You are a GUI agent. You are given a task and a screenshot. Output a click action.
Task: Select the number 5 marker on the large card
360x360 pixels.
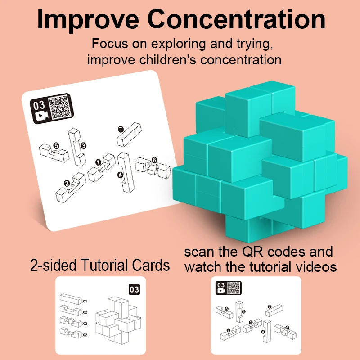click(x=56, y=146)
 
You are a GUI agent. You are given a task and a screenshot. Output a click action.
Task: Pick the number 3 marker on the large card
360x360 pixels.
click(x=83, y=145)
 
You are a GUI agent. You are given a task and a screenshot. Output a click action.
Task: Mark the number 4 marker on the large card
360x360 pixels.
click(x=120, y=175)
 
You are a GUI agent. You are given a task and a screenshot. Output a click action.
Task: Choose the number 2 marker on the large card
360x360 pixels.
click(x=67, y=183)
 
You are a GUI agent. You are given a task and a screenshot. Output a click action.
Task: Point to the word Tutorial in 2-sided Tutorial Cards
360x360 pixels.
click(x=108, y=265)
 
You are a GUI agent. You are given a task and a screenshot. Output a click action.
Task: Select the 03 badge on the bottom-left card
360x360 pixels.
click(x=134, y=289)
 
